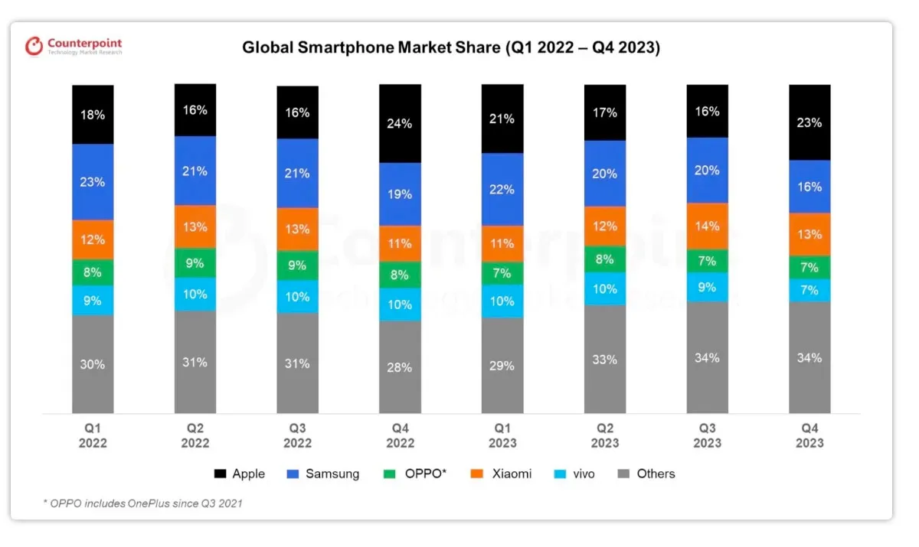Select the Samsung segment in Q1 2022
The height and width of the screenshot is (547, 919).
(93, 182)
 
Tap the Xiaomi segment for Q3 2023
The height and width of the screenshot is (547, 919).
(707, 226)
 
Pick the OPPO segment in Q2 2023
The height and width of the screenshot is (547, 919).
(604, 259)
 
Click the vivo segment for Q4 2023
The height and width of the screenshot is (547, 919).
(809, 290)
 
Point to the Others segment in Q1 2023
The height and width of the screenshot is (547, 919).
(502, 366)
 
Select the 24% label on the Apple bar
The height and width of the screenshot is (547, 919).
(400, 123)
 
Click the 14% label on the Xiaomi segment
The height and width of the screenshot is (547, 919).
(707, 226)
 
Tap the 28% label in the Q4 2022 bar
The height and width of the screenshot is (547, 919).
(400, 368)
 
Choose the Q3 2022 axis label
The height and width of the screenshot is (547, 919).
(297, 436)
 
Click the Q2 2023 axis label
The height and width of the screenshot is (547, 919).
(604, 436)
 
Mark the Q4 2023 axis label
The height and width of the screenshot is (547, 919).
(809, 436)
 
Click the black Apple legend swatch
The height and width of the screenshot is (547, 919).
(220, 474)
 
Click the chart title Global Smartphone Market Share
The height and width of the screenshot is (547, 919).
(451, 47)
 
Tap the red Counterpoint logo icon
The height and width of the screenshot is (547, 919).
(34, 46)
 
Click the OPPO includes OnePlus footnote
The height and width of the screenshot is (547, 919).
(143, 503)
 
